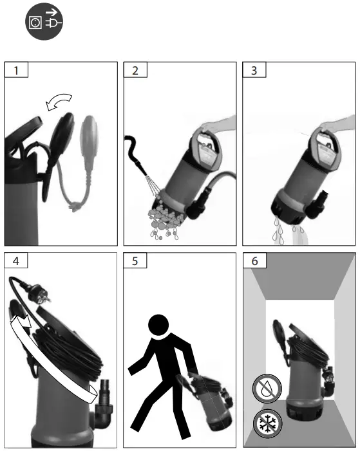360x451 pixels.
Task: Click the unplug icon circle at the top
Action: [44, 22]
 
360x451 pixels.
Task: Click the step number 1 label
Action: [16, 70]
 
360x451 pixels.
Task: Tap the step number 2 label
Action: [135, 70]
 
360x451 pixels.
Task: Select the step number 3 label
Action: [254, 70]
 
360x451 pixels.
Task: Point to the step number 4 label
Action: [16, 261]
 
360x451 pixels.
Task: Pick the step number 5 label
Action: [135, 261]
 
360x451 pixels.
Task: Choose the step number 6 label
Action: [254, 261]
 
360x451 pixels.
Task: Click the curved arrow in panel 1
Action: [59, 100]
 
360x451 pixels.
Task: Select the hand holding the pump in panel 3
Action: [337, 124]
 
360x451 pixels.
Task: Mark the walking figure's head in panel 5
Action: [158, 325]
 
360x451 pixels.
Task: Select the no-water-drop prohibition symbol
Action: [267, 389]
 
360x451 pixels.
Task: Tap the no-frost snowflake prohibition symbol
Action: [267, 423]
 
